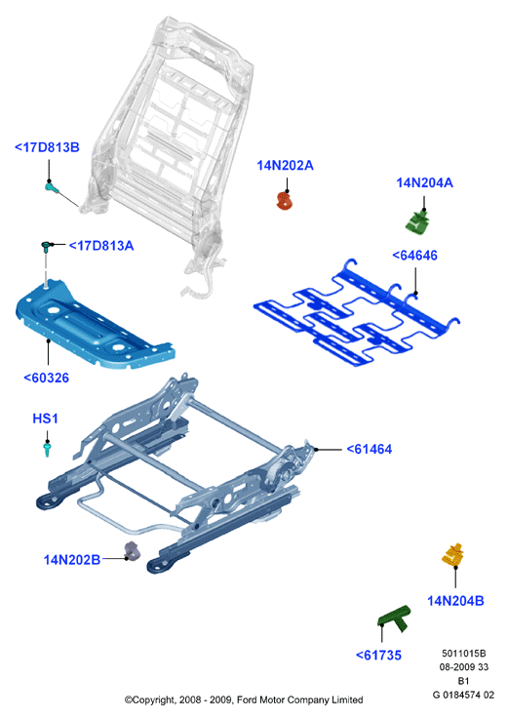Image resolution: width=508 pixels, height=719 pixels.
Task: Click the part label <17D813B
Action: click(47, 147)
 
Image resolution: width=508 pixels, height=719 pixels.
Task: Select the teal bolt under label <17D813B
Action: click(52, 186)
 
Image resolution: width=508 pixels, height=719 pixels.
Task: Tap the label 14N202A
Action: click(285, 165)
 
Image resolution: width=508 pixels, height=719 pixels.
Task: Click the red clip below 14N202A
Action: click(285, 200)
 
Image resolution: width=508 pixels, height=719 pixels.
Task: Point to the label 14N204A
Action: click(424, 182)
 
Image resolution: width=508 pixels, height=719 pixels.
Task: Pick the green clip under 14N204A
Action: click(416, 222)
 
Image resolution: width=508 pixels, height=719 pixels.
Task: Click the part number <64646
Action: click(415, 255)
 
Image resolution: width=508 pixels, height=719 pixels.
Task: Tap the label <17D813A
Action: click(101, 246)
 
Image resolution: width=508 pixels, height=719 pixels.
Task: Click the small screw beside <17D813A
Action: click(46, 248)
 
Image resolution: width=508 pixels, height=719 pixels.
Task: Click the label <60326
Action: click(46, 378)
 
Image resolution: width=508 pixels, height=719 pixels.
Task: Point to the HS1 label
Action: click(46, 419)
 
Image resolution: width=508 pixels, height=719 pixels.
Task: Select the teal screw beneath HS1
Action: click(47, 449)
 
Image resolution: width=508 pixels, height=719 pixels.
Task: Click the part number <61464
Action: click(370, 449)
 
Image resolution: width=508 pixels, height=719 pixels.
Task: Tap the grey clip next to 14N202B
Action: click(133, 551)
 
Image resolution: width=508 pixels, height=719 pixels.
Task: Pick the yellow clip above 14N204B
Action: click(453, 555)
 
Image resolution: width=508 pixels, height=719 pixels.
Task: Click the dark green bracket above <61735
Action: click(394, 619)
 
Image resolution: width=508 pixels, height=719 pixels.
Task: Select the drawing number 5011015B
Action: click(463, 653)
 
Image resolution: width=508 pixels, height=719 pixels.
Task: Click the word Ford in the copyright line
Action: click(247, 699)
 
